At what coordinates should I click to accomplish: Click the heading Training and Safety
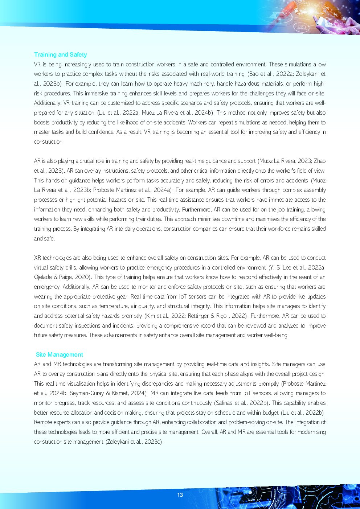[x=60, y=54]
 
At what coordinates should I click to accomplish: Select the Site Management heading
[x=60, y=354]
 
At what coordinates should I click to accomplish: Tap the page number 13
[x=180, y=495]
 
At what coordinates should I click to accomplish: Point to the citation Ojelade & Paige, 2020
[x=62, y=277]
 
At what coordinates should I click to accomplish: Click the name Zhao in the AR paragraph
[x=319, y=161]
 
